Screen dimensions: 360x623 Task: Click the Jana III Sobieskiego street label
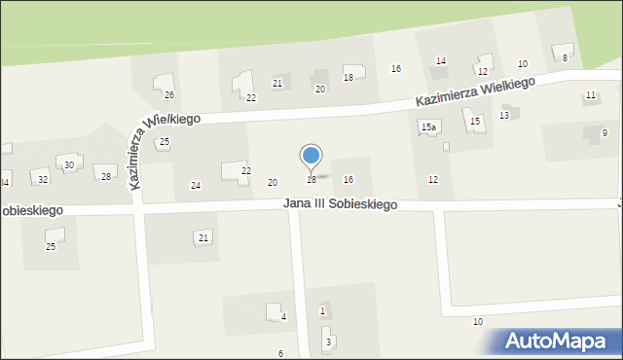(340, 204)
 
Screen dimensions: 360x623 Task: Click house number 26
(168, 95)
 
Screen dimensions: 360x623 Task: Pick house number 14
(440, 61)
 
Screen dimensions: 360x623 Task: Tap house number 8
(565, 58)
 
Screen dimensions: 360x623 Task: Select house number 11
(590, 95)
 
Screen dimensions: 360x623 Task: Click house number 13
(503, 116)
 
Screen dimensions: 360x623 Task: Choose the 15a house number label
(427, 127)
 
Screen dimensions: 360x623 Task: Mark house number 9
(605, 132)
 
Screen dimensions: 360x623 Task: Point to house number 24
(196, 186)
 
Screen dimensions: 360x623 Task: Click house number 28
(105, 176)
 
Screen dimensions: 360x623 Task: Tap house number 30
(68, 165)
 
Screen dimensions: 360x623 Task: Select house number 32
(42, 180)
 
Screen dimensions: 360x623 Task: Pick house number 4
(283, 317)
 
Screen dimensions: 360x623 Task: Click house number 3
(328, 342)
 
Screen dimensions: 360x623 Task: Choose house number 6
(280, 353)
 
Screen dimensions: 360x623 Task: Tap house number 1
(322, 310)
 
